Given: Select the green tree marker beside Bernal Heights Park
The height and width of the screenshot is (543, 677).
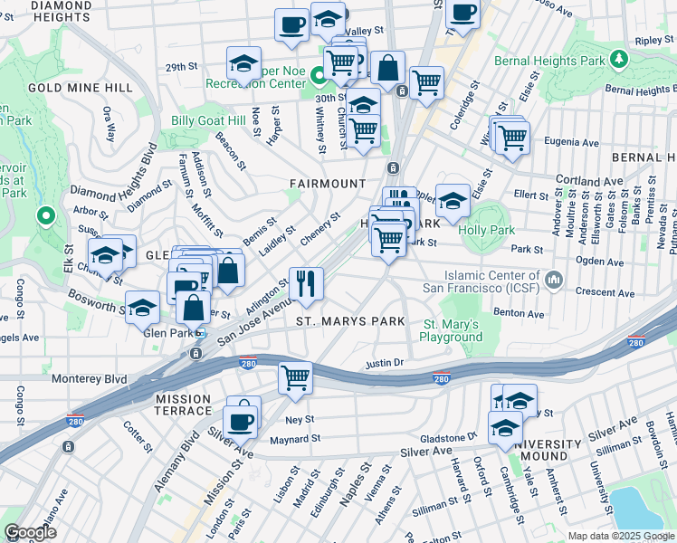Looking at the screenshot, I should (x=619, y=59).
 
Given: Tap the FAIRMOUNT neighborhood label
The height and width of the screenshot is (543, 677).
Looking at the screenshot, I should (x=328, y=184).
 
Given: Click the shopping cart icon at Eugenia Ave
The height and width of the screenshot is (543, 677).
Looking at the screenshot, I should (x=513, y=138).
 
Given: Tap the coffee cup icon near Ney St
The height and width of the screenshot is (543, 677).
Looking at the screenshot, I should (x=242, y=420).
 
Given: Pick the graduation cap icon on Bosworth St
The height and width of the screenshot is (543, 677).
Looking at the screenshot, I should (x=142, y=309).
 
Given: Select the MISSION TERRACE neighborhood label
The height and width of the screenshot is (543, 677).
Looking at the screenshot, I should (x=195, y=405).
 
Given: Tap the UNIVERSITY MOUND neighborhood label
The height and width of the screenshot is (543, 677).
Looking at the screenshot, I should (x=548, y=451).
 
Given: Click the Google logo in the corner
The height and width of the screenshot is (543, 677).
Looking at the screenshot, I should (x=30, y=532).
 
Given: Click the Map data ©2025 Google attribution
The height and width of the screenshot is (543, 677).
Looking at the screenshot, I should (x=620, y=536).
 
